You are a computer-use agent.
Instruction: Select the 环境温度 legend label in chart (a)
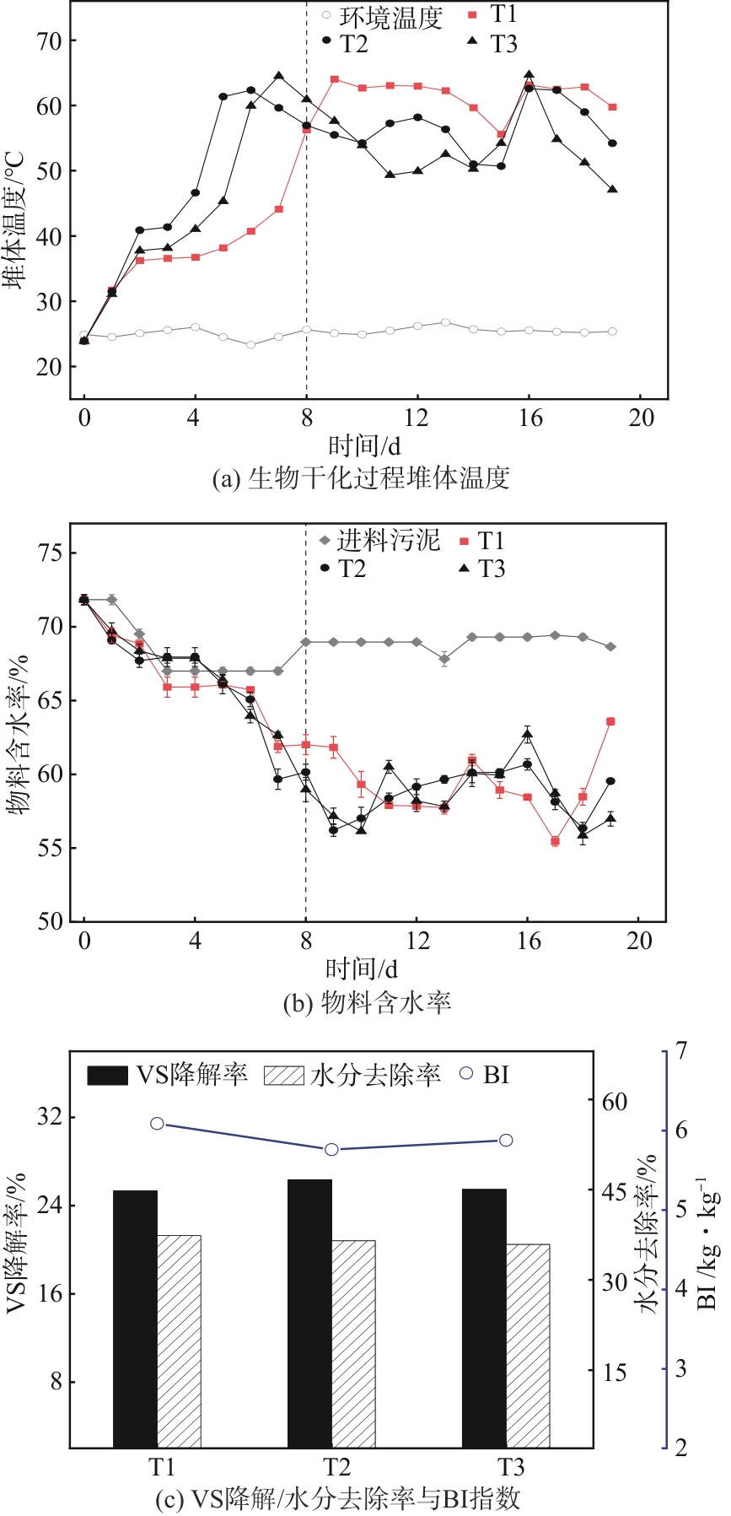[x=390, y=16]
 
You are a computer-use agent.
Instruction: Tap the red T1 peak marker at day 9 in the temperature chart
[x=335, y=79]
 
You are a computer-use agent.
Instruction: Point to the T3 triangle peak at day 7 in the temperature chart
[x=279, y=76]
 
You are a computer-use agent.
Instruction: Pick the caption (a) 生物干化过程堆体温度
[x=361, y=478]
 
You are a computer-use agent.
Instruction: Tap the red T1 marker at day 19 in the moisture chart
[x=610, y=721]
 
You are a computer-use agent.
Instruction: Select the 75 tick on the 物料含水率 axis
[x=56, y=553]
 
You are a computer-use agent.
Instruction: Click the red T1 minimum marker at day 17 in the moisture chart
[x=555, y=841]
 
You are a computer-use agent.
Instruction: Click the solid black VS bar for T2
[x=309, y=1313]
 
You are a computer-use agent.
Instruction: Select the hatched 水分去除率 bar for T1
[x=179, y=1341]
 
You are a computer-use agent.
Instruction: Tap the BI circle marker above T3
[x=506, y=1141]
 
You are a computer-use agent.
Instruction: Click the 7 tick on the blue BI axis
[x=681, y=1052]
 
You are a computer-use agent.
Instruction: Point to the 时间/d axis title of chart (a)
[x=363, y=445]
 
